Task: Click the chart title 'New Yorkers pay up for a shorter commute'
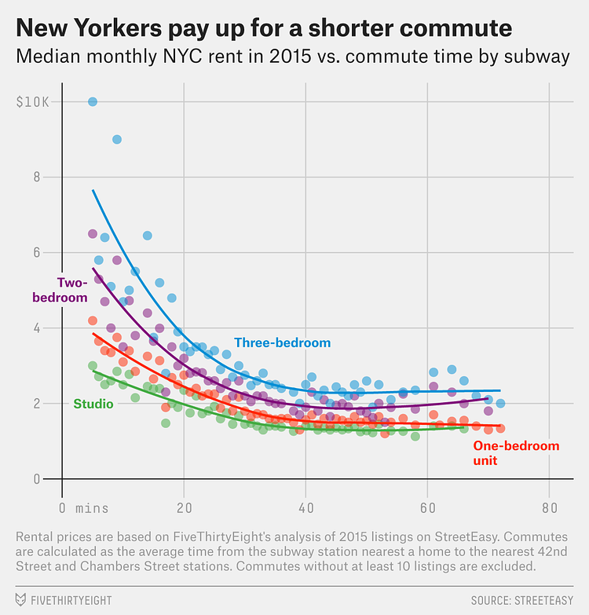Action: click(264, 29)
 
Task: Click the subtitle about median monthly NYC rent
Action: click(288, 57)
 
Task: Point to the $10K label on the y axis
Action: click(32, 101)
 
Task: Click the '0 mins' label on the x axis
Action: click(84, 507)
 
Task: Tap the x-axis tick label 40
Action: click(305, 507)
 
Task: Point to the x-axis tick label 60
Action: click(427, 507)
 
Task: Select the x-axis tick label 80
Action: click(549, 507)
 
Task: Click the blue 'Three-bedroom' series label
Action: click(283, 342)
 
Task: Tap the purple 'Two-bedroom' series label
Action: click(60, 290)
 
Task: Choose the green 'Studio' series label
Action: click(93, 404)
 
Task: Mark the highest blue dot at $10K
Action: click(93, 101)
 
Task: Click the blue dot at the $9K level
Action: click(117, 139)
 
